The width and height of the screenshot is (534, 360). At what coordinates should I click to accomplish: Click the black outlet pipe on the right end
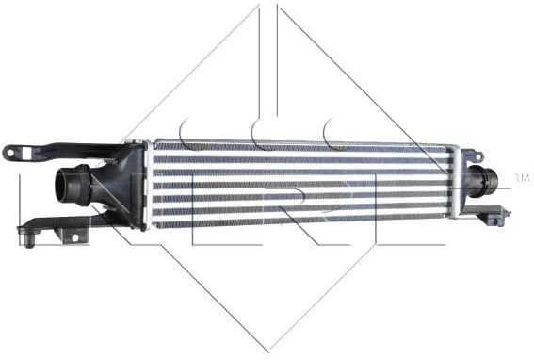(488, 180)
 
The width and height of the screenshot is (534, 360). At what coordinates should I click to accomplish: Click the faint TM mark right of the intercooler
(522, 176)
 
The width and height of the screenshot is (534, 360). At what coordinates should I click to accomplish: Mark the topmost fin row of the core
(301, 146)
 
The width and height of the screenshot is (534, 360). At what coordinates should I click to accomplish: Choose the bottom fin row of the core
(301, 223)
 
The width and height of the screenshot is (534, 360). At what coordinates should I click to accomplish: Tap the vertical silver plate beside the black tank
(148, 184)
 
